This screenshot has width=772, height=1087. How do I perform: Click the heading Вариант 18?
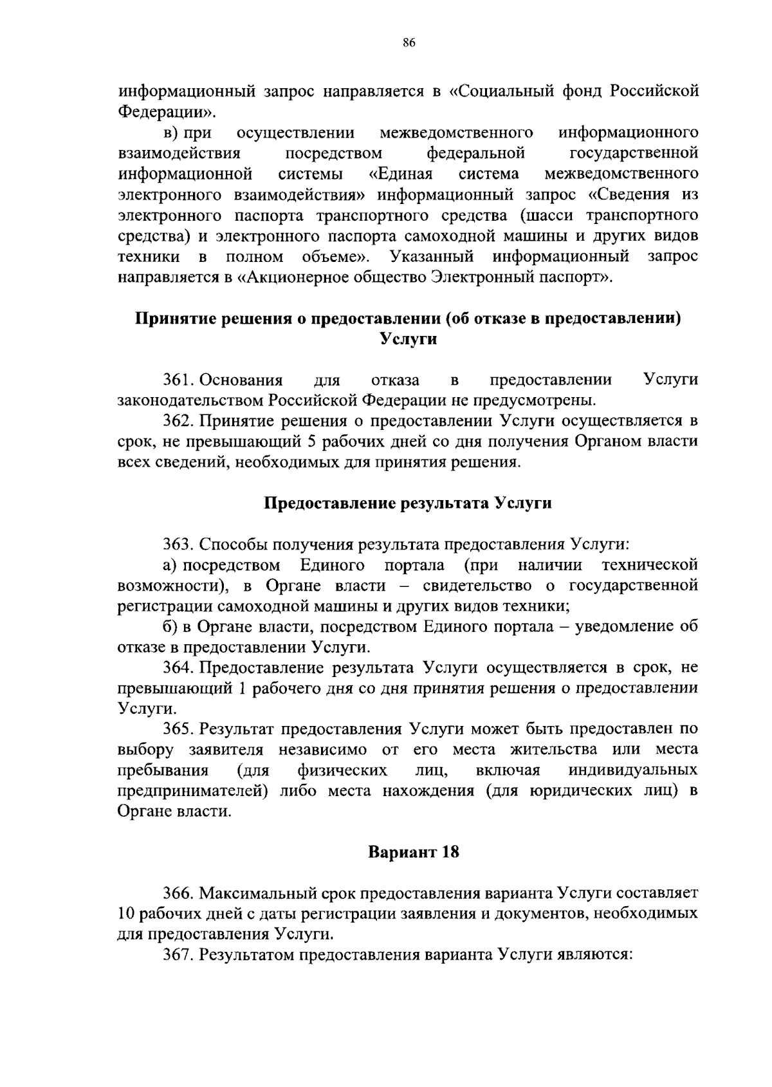click(x=414, y=852)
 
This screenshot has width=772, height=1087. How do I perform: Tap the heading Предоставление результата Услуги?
click(x=409, y=503)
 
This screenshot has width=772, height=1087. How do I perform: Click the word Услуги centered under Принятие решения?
click(x=409, y=339)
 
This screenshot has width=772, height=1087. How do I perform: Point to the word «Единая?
click(x=401, y=174)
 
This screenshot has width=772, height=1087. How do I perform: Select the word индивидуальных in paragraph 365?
click(x=634, y=770)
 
